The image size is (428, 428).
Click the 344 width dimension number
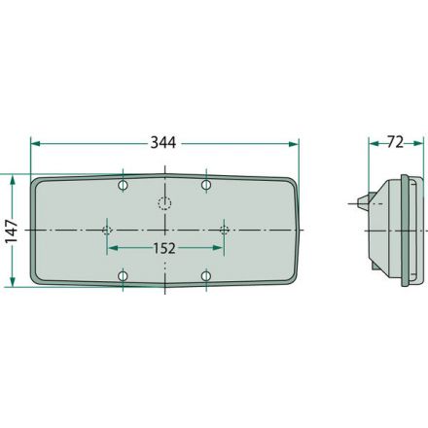pos(163,143)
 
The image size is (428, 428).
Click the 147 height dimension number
pos(11,231)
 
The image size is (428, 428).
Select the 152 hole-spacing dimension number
pos(164,248)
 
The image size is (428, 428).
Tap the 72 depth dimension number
pos(395,142)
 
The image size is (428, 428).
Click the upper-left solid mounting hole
pos(123,186)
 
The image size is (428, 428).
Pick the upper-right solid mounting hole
pos(206,185)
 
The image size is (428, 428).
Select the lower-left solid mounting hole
pos(123,276)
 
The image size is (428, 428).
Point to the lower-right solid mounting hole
pos(206,276)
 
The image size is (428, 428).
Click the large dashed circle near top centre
pos(164,203)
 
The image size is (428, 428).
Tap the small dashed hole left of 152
pos(107,231)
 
